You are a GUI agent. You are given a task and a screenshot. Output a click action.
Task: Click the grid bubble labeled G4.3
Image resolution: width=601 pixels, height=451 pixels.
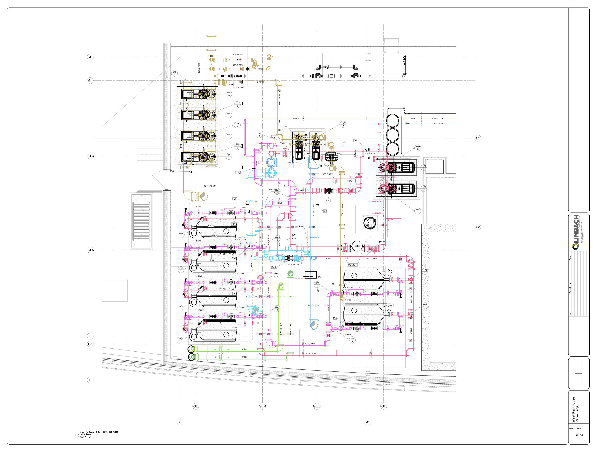coord(90,156)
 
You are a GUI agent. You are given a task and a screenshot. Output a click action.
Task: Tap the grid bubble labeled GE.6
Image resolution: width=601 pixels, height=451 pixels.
coord(317,406)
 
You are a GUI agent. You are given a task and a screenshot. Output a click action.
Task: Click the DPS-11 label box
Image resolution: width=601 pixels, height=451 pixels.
coord(301,226)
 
